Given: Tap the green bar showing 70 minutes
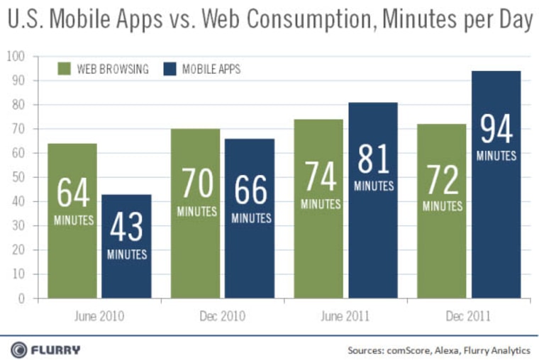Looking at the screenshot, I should click(x=195, y=213).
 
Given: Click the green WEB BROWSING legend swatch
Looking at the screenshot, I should click(x=63, y=69).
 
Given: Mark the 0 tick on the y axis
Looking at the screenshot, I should click(x=21, y=298).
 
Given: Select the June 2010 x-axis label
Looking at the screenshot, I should click(x=99, y=315).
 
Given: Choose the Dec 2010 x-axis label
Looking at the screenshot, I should click(x=222, y=315).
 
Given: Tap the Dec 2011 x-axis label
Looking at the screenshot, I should click(x=469, y=315).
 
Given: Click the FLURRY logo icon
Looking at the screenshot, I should click(x=19, y=349).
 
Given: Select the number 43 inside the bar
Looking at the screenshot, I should click(x=126, y=227).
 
